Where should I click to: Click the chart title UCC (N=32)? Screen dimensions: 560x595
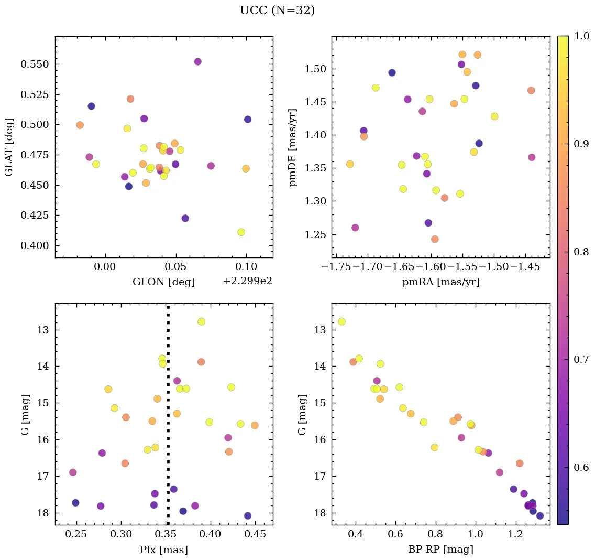point(277,10)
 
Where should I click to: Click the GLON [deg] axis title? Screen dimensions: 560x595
point(163,282)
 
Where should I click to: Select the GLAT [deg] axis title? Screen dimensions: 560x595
point(8,147)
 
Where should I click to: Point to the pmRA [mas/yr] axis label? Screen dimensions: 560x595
point(440,282)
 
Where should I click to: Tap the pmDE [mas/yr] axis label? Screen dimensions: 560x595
point(293,147)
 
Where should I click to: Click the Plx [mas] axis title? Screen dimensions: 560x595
point(163,550)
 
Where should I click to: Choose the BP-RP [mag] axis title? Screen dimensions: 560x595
point(440,550)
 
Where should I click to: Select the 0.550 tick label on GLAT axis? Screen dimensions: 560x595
point(35,64)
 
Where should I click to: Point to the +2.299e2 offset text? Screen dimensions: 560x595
point(247,282)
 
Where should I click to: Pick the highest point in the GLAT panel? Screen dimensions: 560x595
point(197,61)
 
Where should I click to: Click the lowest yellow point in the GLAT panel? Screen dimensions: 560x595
point(241,232)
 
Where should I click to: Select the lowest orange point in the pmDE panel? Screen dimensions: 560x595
point(434,239)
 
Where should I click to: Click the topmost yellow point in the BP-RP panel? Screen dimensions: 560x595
point(341,321)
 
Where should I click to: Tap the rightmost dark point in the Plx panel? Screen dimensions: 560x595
point(248,515)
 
